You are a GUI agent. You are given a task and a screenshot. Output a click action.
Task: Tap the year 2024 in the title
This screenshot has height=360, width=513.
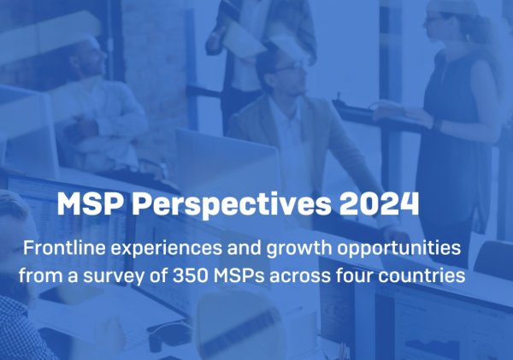pyautogui.click(x=379, y=204)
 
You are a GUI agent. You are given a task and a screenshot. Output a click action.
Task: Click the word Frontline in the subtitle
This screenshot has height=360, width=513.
pyautogui.click(x=64, y=248)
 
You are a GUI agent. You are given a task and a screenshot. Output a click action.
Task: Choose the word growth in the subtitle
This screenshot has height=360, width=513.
pyautogui.click(x=299, y=250)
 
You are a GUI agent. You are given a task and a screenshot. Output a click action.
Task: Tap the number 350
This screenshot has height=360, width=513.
pyautogui.click(x=190, y=275)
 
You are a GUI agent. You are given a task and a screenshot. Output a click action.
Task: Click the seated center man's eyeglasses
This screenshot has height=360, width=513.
pyautogui.click(x=291, y=68)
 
